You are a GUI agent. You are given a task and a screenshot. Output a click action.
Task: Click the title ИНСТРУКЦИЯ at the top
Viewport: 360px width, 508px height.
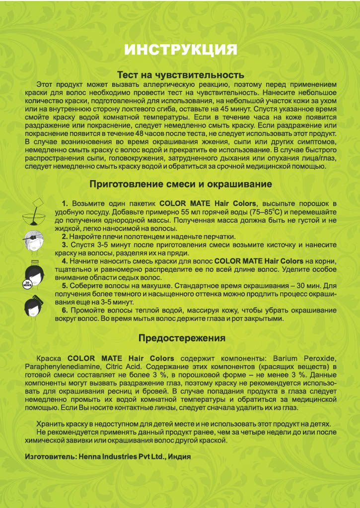point(180,50)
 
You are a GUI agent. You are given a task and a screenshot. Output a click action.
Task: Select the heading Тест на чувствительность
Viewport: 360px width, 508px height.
point(180,75)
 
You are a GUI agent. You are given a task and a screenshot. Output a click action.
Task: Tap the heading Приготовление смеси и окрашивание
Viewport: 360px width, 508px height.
point(180,184)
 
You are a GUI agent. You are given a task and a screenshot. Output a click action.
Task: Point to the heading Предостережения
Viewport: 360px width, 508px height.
point(181,338)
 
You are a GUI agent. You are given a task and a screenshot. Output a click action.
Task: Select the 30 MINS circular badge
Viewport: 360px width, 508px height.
point(27,285)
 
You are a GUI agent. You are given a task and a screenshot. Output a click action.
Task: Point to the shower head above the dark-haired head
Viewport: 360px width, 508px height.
point(35,261)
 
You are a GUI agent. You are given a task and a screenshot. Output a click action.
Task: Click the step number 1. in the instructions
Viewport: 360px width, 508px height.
point(65,203)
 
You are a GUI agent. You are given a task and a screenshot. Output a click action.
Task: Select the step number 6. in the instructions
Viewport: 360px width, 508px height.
point(65,310)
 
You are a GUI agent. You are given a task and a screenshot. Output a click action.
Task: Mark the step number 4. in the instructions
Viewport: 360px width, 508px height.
point(65,261)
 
